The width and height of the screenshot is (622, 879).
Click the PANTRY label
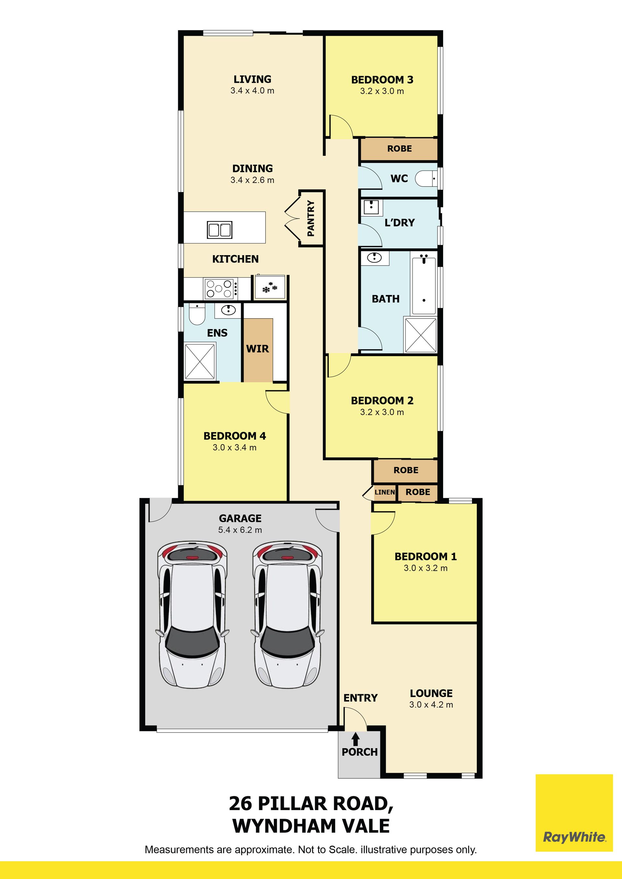311,218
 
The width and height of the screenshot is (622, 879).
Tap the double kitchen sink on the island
219,230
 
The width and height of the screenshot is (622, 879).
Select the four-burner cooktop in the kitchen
219,289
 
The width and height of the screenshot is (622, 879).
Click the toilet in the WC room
426,178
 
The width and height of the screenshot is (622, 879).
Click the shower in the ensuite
200,361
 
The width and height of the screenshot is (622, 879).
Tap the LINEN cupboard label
385,492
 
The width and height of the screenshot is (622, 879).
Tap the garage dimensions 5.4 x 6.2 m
240,530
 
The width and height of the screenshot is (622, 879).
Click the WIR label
257,349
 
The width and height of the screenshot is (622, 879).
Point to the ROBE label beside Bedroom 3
399,149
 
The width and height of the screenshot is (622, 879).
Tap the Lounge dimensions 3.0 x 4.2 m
431,705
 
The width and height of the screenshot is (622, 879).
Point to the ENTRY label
361,698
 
